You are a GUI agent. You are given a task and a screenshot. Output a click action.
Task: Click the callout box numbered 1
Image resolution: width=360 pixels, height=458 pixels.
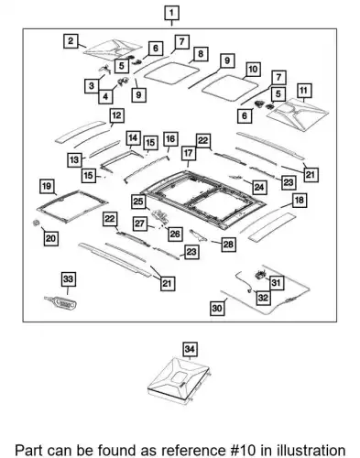171,13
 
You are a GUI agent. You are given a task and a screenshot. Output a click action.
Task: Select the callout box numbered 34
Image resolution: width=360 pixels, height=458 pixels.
190,349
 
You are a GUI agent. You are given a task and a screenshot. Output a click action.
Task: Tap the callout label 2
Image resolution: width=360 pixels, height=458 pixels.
71,40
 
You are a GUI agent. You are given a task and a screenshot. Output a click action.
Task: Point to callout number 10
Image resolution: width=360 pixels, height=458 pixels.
253,70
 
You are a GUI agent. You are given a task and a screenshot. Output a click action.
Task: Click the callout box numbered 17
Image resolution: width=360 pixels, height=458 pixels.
189,153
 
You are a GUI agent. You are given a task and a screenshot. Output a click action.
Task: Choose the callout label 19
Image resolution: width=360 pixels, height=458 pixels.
47,186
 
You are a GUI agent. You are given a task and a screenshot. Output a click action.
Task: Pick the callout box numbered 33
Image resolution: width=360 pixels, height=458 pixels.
68,278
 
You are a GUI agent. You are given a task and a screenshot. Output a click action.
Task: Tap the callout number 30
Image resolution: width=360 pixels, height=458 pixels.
217,308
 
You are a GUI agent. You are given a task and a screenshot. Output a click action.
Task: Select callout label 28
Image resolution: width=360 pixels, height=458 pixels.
228,244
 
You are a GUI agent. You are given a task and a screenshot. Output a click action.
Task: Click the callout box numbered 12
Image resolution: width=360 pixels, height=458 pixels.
116,115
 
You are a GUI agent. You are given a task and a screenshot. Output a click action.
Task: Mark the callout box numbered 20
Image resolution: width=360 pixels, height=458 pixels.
50,238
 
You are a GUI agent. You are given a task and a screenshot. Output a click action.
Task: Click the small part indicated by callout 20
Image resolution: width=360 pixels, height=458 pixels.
37,223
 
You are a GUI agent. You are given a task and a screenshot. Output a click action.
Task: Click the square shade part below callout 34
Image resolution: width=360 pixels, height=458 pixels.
179,380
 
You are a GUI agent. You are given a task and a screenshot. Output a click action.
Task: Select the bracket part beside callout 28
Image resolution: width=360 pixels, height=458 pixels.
198,235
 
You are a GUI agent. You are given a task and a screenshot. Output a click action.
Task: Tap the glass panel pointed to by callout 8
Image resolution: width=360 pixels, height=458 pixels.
172,73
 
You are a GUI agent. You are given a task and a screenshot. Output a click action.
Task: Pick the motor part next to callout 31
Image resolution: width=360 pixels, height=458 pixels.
260,275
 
